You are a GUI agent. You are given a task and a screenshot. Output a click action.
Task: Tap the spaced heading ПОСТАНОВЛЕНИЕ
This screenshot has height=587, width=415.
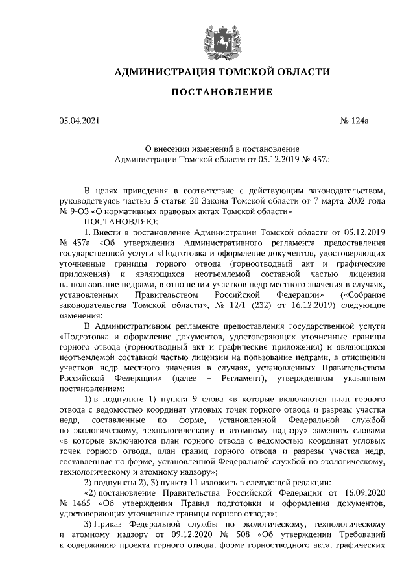[x=221, y=92]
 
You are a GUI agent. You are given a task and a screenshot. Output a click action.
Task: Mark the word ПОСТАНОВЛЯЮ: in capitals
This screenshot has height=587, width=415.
[x=117, y=221]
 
